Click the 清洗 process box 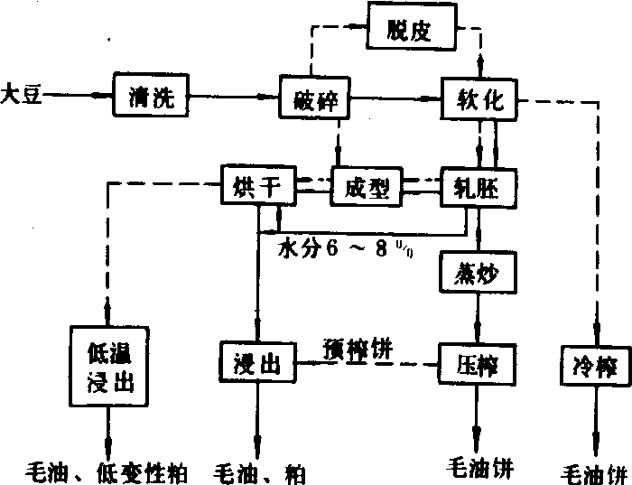150,94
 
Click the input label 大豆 20,92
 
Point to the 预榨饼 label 358,346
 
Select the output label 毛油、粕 259,471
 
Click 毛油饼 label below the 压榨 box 479,468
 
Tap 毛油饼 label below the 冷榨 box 592,471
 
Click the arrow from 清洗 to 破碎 235,94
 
